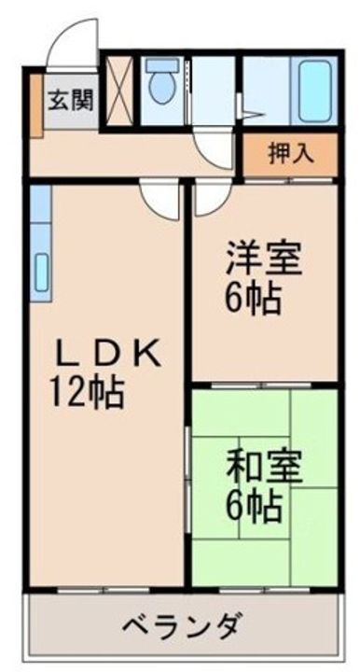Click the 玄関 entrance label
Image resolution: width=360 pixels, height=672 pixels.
pyautogui.click(x=71, y=99)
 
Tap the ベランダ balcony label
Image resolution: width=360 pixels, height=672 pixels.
pyautogui.click(x=182, y=624)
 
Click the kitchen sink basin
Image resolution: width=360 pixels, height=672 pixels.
pyautogui.click(x=41, y=271)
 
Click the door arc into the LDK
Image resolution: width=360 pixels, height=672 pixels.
pyautogui.click(x=162, y=199)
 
